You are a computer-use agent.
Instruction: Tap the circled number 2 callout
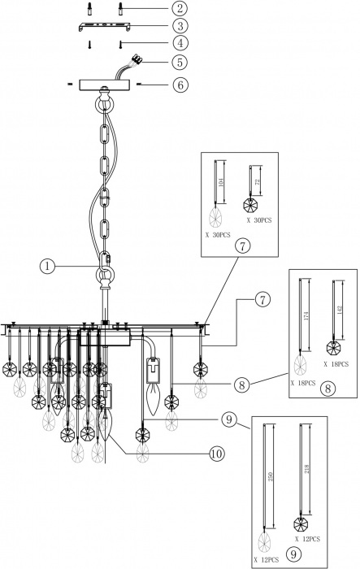click(x=178, y=10)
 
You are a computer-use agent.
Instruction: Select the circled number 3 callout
click(x=178, y=26)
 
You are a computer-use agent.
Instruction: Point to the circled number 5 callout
click(x=178, y=62)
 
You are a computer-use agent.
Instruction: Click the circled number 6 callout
click(x=178, y=85)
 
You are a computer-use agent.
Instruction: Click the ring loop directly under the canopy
click(x=105, y=105)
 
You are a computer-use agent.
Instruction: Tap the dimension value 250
click(x=271, y=480)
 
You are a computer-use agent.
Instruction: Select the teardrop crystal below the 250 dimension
click(x=264, y=540)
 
